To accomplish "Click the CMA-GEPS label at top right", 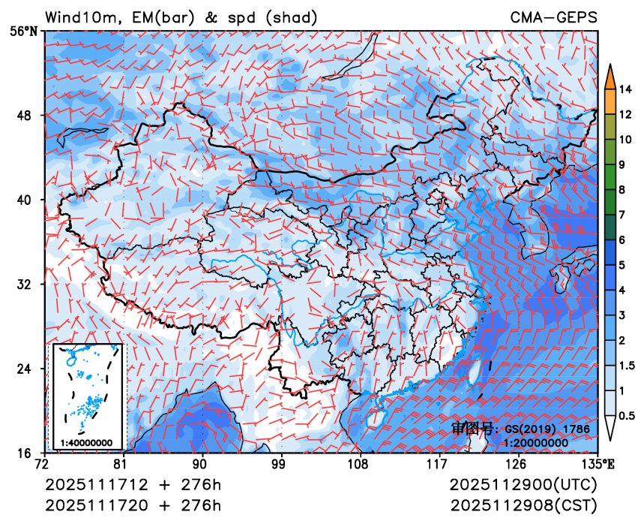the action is pos(554,17).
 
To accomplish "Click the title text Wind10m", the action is pos(81,17).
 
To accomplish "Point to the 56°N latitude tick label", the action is pos(27,32).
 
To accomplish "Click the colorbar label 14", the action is pos(627,89).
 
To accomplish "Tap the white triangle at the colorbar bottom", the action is pos(610,428).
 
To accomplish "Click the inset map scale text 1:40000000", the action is pos(86,442).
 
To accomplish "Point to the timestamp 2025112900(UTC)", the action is pos(524,484).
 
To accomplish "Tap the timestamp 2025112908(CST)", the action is pos(524,504).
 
